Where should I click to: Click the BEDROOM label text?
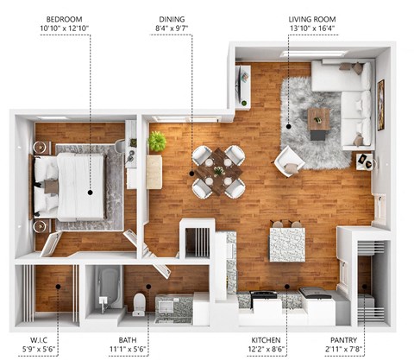pyautogui.click(x=64, y=18)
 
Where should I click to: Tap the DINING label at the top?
pyautogui.click(x=172, y=18)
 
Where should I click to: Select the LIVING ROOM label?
pyautogui.click(x=312, y=18)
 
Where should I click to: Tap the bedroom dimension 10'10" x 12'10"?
pyautogui.click(x=64, y=29)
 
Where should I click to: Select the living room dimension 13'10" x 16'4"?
pyautogui.click(x=312, y=29)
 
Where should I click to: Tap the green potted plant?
pyautogui.click(x=157, y=141)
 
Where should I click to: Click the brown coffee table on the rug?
pyautogui.click(x=318, y=118)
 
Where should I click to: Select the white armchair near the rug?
pyautogui.click(x=288, y=160)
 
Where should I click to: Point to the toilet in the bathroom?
pyautogui.click(x=139, y=303)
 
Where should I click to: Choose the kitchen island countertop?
pyautogui.click(x=286, y=243)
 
